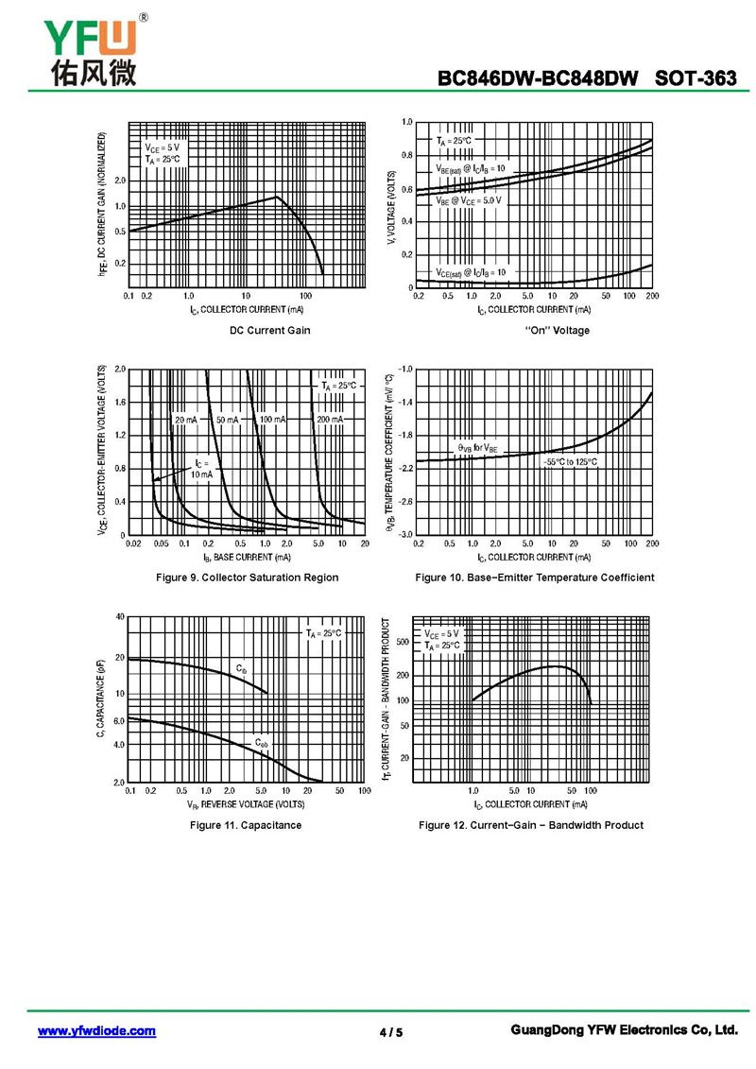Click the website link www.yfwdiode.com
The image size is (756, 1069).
96,1031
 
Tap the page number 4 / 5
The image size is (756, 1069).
390,1032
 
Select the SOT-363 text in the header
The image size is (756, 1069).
696,78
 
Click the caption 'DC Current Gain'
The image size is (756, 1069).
269,330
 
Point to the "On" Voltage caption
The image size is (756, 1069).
557,330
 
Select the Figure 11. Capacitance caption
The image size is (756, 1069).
246,825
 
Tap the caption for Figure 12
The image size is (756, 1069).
531,825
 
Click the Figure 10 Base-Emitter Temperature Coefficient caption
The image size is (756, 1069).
534,578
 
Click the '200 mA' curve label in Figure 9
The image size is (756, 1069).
330,419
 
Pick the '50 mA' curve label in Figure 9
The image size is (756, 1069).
227,419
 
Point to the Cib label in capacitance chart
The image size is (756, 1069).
242,669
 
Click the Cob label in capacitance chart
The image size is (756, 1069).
261,744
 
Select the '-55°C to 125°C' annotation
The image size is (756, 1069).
570,461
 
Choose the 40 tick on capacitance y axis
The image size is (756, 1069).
119,616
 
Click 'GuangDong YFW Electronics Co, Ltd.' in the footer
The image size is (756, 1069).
623,1030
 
